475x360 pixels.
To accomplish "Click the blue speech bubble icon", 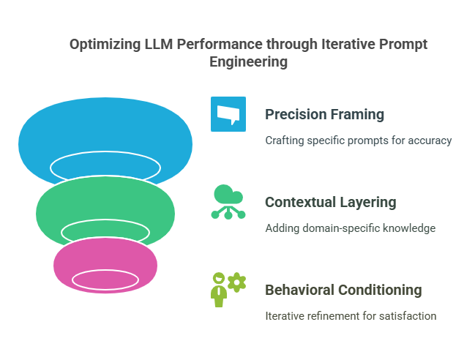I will (228, 114).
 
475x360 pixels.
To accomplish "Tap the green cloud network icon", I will (228, 202).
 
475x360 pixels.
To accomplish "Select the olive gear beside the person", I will (237, 282).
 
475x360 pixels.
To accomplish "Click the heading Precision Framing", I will (324, 114).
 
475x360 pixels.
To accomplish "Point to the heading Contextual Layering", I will (331, 202).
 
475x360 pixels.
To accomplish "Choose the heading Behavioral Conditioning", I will (343, 290).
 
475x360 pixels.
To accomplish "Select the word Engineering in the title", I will (248, 62).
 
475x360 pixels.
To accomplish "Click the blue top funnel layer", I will (105, 132).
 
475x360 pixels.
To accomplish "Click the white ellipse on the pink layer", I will (105, 281).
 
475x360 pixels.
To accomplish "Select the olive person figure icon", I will (218, 289).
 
